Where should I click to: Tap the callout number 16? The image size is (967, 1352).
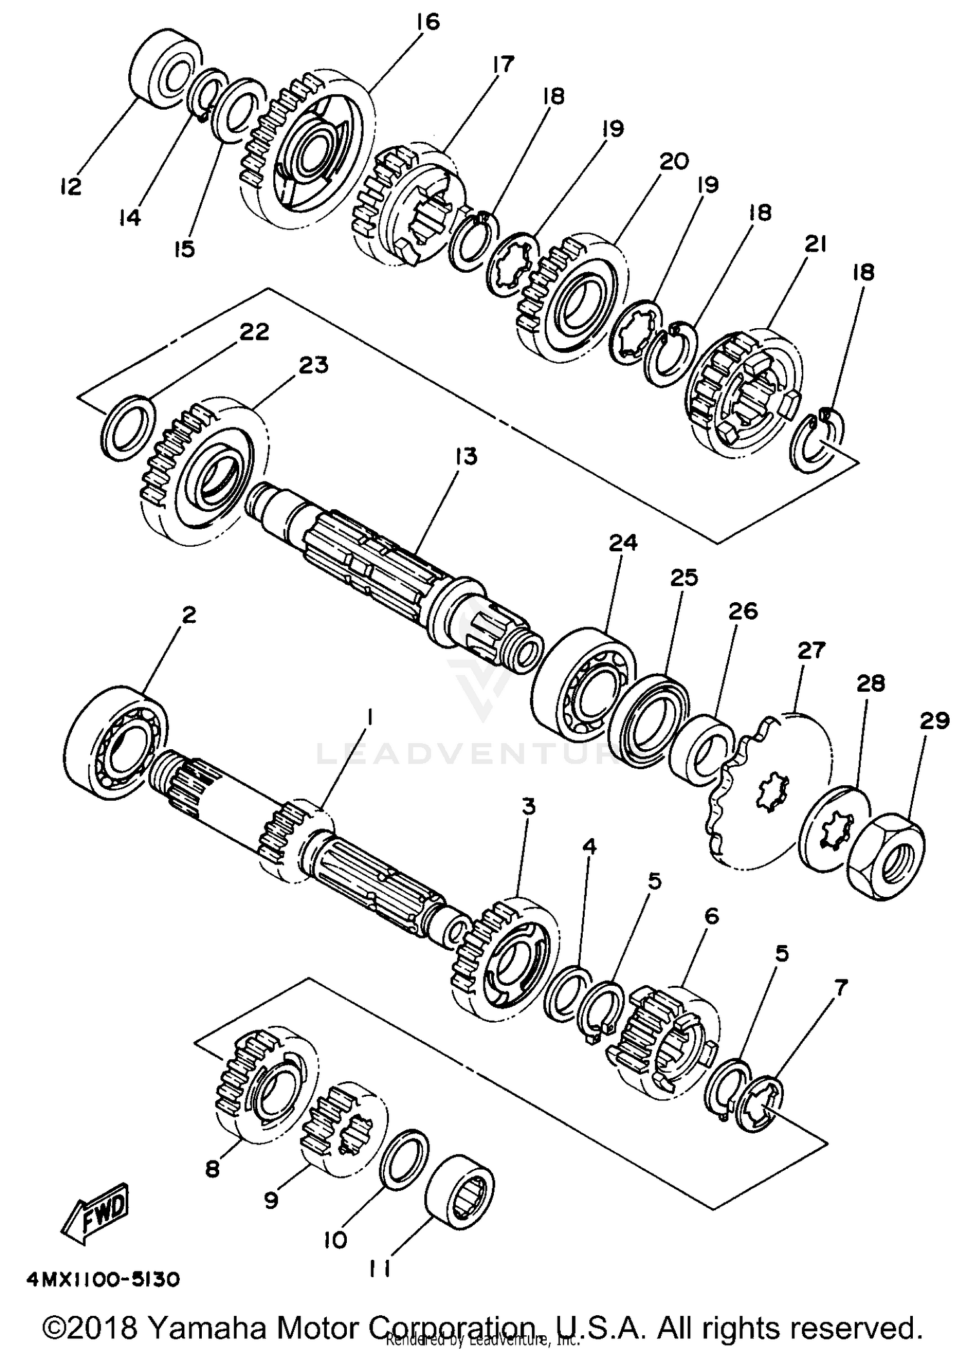pos(427,22)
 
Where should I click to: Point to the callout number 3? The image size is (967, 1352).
pos(529,806)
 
